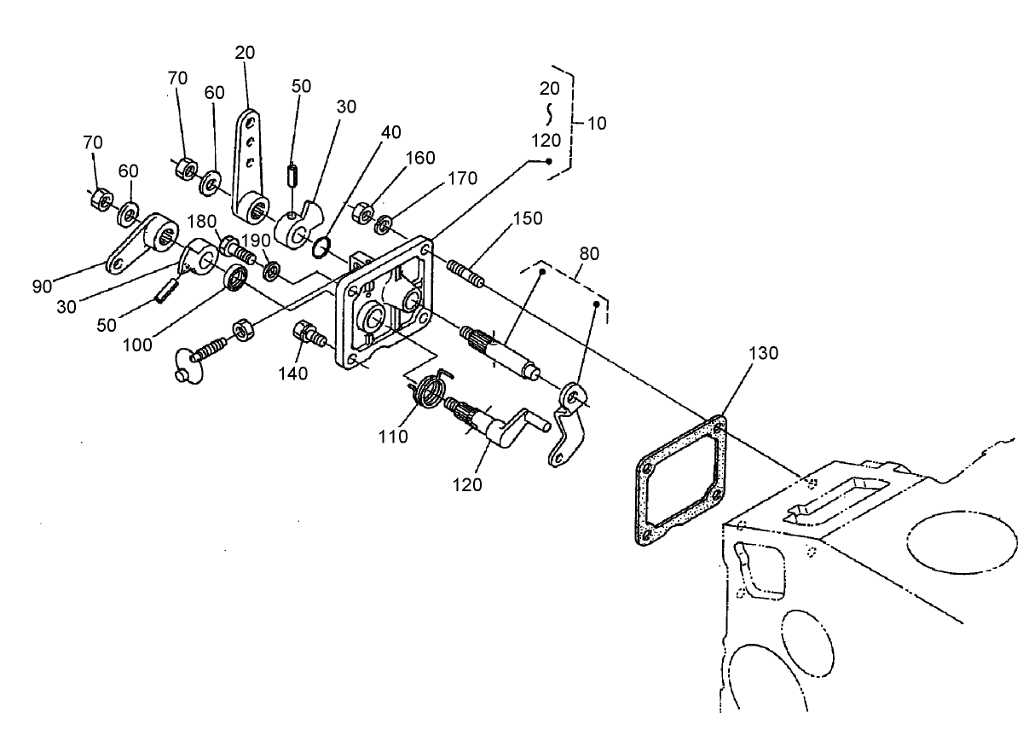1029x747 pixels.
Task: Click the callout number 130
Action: point(763,353)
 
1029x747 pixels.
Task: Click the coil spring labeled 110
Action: point(431,391)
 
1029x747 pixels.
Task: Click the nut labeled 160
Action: point(361,210)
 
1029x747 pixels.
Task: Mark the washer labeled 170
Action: point(384,224)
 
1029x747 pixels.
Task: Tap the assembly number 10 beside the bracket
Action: point(597,123)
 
